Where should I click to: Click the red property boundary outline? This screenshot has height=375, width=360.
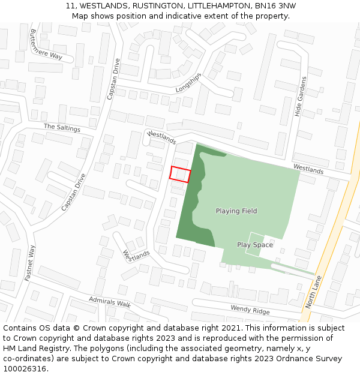coord(180,174)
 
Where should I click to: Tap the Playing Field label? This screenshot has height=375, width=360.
coord(236,211)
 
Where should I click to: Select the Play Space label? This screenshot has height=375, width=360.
coord(254,245)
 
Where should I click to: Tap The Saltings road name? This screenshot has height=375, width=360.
coord(62,127)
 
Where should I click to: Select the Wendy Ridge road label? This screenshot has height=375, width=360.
coord(250,310)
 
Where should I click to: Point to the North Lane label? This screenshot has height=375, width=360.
coord(313,292)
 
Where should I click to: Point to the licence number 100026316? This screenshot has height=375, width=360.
coord(23,368)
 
